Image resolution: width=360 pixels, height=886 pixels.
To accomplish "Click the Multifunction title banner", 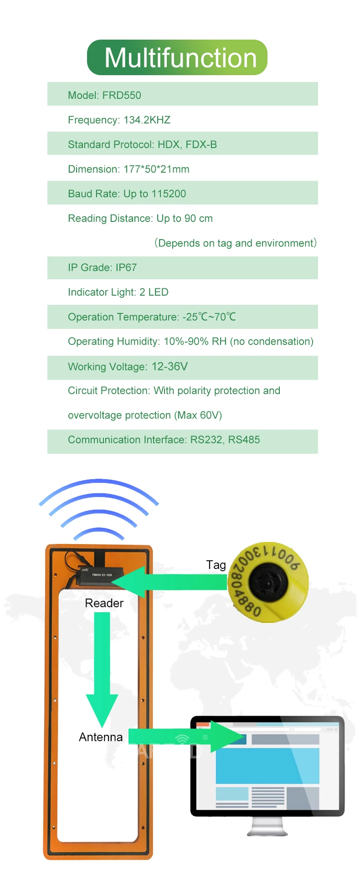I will pyautogui.click(x=177, y=58).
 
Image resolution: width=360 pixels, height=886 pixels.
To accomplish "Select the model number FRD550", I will pyautogui.click(x=122, y=95).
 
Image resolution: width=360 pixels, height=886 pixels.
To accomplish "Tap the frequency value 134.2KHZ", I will pyautogui.click(x=147, y=120).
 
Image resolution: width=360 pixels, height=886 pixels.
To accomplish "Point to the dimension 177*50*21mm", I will pyautogui.click(x=156, y=169).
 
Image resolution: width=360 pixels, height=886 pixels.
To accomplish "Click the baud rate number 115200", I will pyautogui.click(x=169, y=194).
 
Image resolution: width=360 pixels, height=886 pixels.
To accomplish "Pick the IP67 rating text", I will pyautogui.click(x=126, y=267).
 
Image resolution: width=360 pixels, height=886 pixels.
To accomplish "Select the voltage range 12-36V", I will pyautogui.click(x=170, y=366).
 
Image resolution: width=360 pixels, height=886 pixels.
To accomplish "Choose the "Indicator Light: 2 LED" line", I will pyautogui.click(x=118, y=292).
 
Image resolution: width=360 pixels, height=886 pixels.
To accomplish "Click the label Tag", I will pyautogui.click(x=216, y=565).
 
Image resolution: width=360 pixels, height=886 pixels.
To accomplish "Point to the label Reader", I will pyautogui.click(x=104, y=603).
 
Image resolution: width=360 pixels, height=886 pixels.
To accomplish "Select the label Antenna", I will pyautogui.click(x=101, y=737).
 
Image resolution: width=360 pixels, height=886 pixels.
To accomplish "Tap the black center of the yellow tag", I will pyautogui.click(x=268, y=582).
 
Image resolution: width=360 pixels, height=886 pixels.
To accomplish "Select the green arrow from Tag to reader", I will pyautogui.click(x=173, y=582).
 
